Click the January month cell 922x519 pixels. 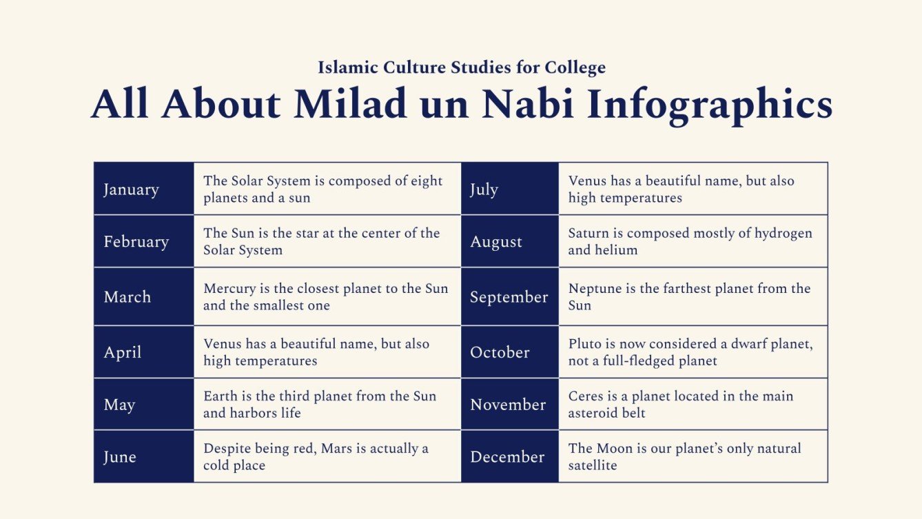click(x=144, y=189)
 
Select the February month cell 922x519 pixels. click(x=144, y=241)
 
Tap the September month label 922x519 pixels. click(x=509, y=297)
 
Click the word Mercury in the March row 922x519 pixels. click(x=229, y=288)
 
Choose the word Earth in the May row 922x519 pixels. click(x=221, y=396)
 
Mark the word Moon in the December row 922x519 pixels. click(x=615, y=448)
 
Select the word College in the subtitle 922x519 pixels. click(x=575, y=68)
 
